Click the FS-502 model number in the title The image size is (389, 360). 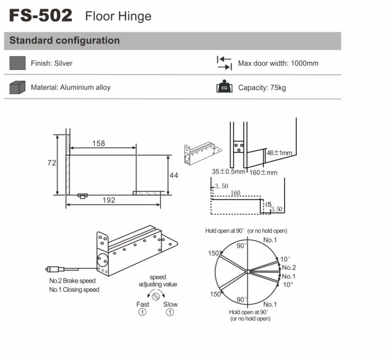pos(40,15)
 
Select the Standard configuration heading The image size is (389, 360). pos(65,41)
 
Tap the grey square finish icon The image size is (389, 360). pos(17,63)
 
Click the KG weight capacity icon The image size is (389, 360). pos(224,87)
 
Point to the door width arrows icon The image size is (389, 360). pos(224,63)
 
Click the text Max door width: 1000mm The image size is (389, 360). pos(278,64)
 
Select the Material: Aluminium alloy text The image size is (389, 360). pos(70,87)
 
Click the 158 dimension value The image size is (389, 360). pos(99,143)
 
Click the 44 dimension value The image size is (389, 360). pos(174,175)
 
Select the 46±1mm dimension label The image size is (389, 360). pos(279,153)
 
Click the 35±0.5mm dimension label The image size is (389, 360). pos(228,172)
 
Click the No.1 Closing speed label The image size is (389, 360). pos(74,290)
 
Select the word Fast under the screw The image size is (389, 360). pos(143,304)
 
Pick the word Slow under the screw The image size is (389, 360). pos(171,304)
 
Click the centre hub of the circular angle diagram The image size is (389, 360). pos(246,272)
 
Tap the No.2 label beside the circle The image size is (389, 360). pos(289,268)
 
